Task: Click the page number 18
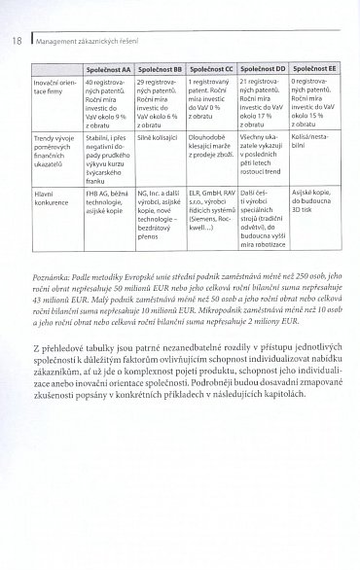(18, 41)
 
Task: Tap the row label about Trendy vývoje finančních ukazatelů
(55, 157)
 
